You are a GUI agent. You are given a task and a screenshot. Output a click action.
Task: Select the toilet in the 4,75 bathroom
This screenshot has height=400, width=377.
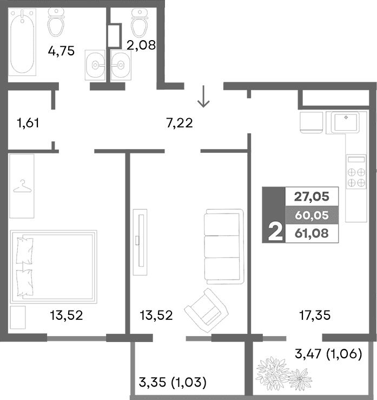pyautogui.click(x=57, y=22)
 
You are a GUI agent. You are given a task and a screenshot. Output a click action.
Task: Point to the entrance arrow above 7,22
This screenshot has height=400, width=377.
pyautogui.click(x=203, y=98)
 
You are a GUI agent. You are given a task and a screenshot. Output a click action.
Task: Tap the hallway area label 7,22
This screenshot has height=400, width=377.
pyautogui.click(x=180, y=123)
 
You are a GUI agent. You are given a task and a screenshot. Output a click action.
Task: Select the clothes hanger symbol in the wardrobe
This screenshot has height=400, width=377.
pyautogui.click(x=22, y=187)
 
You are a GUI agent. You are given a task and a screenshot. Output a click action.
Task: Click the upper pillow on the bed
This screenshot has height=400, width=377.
pyautogui.click(x=25, y=251)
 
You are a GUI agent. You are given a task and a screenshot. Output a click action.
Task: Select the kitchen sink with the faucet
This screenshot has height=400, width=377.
pyautogui.click(x=345, y=122)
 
